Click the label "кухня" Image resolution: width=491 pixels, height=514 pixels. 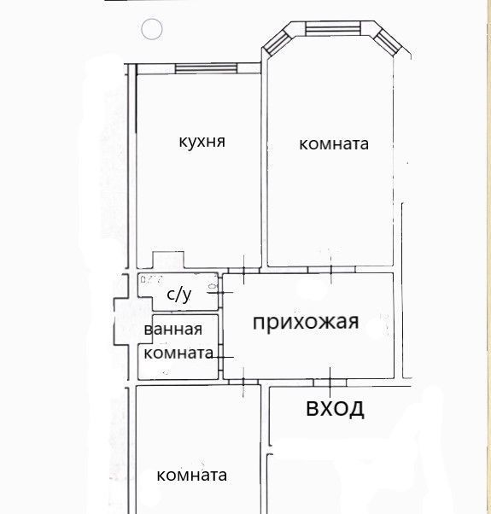point(202,143)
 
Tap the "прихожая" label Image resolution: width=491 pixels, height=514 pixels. point(306,323)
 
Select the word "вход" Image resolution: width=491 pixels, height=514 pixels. point(335,409)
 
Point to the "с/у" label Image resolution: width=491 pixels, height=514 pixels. point(179,295)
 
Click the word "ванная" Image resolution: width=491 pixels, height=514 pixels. point(173,330)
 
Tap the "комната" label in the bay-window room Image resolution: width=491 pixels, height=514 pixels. point(334,144)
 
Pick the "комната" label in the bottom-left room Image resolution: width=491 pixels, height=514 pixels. point(192,476)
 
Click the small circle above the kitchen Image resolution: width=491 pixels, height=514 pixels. point(152,29)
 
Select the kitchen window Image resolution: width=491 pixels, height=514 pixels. point(206,68)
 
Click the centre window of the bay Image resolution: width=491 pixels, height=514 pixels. point(333,28)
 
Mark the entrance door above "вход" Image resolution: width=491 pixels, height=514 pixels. point(330,383)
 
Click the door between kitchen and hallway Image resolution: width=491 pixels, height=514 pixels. point(244,270)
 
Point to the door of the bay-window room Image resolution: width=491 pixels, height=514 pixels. point(331,270)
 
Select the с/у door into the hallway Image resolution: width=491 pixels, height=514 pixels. point(220,292)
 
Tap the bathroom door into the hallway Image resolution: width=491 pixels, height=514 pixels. point(221,357)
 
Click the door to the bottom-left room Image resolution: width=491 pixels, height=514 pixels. point(243,382)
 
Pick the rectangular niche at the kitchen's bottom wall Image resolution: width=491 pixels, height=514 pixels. point(168,260)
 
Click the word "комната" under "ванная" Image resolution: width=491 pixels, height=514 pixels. point(178,353)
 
